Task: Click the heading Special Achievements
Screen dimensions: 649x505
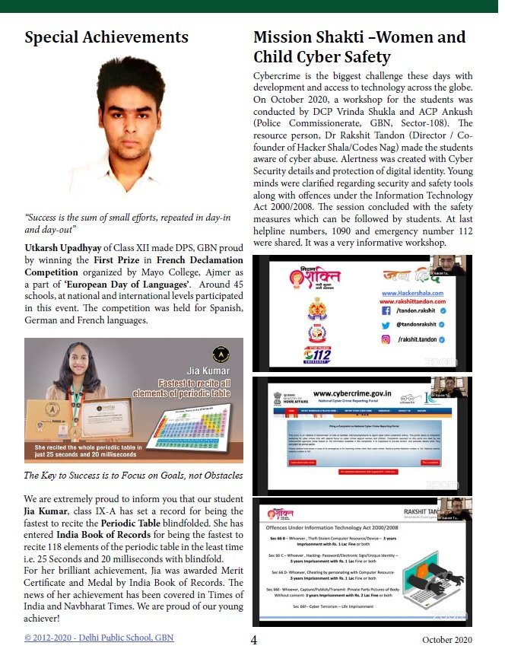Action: [106, 37]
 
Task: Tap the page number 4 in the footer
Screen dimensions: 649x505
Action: [254, 639]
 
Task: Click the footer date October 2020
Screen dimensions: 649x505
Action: [448, 639]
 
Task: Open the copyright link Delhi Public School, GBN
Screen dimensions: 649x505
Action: [99, 637]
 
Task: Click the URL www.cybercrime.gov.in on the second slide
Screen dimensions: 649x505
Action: [351, 393]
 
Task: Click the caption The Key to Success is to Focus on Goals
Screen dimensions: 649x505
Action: [133, 476]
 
